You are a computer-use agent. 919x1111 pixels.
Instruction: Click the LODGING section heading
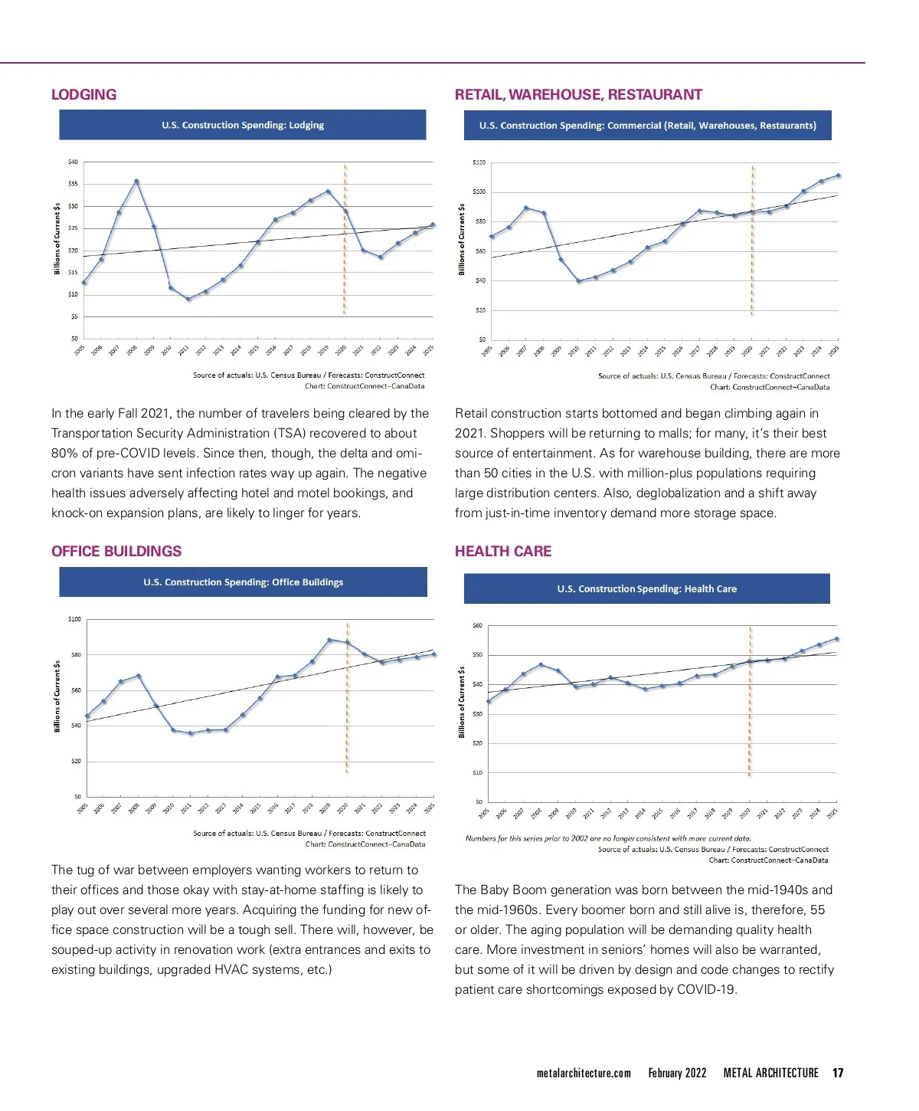tap(83, 94)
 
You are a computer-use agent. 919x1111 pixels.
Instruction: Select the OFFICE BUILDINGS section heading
tap(116, 551)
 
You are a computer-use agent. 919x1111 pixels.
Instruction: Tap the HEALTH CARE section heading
tap(503, 551)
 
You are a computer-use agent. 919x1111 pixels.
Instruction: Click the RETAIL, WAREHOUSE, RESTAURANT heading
tap(578, 94)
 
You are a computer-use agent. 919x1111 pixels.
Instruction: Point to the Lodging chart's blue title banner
tap(243, 125)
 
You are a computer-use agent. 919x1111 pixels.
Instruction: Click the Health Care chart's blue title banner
tap(647, 588)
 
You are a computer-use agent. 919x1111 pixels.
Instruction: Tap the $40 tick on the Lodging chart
tap(73, 162)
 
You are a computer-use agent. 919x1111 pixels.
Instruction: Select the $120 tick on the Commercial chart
tap(479, 162)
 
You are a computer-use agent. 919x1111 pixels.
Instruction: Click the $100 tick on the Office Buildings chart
tap(74, 618)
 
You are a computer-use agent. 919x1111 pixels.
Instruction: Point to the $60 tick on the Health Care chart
tap(478, 626)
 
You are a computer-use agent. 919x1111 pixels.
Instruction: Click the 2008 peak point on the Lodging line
tap(136, 182)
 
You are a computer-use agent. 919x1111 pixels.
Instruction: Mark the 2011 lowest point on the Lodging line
tap(188, 299)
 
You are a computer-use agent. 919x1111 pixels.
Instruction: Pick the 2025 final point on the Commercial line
tap(838, 175)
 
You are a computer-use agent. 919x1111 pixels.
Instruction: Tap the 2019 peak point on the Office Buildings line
tap(329, 640)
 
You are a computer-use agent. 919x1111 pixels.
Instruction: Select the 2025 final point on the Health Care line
tap(836, 638)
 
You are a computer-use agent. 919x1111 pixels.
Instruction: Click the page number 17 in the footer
tap(838, 1073)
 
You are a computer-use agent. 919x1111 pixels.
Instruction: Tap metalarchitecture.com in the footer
tap(584, 1073)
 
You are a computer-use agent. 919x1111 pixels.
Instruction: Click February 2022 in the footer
tap(677, 1073)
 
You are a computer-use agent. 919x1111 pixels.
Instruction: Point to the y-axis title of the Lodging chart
tap(57, 239)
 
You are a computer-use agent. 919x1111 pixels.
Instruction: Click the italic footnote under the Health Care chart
tap(608, 838)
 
